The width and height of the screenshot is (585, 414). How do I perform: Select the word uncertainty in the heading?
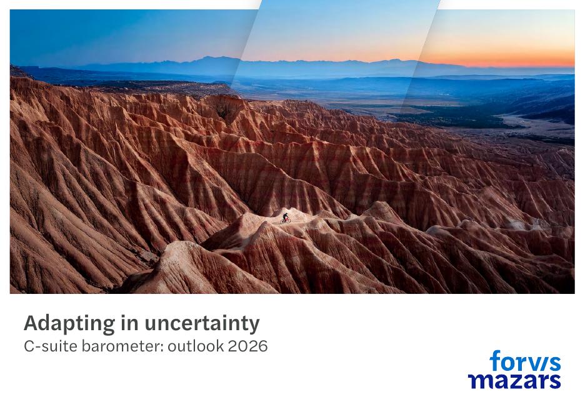[202, 323]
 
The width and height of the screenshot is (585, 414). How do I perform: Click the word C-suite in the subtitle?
[51, 346]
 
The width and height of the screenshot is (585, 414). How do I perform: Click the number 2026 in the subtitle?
[248, 346]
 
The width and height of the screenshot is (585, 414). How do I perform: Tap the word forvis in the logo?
[525, 362]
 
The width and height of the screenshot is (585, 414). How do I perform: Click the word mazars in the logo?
[514, 380]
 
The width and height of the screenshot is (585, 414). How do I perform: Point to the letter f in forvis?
[495, 361]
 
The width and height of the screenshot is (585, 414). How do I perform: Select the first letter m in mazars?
[478, 380]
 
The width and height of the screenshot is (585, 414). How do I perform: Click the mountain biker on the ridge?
[285, 218]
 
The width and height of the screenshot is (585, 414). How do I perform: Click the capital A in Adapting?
[31, 323]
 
